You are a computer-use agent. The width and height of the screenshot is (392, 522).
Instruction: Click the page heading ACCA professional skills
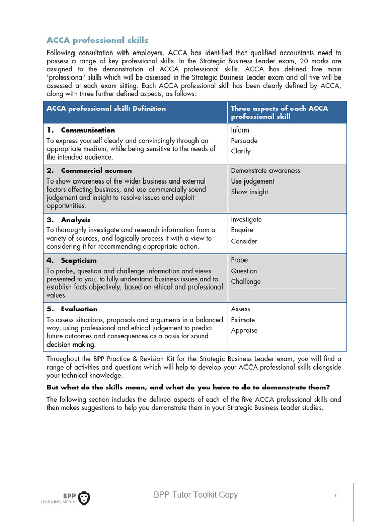coord(97,40)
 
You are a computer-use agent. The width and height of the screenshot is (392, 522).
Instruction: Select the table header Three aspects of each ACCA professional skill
coord(279,112)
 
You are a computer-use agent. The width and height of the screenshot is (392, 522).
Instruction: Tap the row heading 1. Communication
coord(81,130)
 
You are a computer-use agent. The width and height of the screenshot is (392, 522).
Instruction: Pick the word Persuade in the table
coord(244,141)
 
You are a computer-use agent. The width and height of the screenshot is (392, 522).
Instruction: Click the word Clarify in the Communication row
coord(240,151)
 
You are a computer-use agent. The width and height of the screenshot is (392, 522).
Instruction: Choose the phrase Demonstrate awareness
coord(265,171)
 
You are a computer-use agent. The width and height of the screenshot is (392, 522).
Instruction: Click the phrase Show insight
coord(249,192)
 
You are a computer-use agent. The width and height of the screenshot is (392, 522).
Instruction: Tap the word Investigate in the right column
coord(246,220)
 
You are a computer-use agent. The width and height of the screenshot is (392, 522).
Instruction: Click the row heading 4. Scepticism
coord(71,260)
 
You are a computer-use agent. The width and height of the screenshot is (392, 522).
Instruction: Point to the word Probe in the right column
coord(239,260)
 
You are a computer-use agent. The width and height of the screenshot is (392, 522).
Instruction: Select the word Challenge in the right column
coord(246,282)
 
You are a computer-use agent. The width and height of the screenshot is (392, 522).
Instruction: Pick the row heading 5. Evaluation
coord(72,309)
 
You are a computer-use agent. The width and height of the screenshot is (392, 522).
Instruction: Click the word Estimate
coord(242,320)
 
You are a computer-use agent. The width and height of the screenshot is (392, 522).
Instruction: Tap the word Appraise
coord(244,331)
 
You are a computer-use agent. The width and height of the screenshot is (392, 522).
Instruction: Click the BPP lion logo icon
coord(84,498)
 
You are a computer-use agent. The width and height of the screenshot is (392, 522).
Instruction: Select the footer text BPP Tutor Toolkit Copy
coord(195,495)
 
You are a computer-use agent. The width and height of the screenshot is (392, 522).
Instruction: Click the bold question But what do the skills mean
coord(188,387)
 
